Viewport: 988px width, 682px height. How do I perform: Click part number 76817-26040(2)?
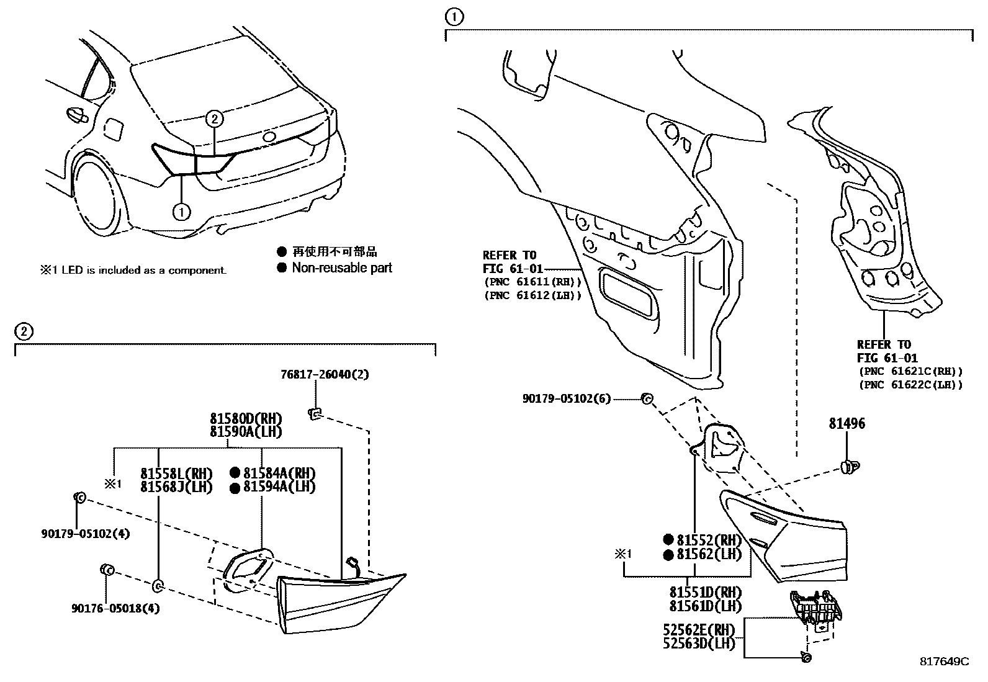click(316, 374)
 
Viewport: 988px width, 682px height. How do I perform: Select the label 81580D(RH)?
click(246, 418)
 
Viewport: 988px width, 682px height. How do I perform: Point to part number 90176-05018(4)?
click(115, 609)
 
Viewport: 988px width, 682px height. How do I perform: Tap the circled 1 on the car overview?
click(181, 212)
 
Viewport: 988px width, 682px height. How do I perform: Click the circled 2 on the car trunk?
click(213, 118)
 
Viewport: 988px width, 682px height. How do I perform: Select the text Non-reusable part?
click(342, 268)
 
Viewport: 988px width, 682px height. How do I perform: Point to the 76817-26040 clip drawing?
click(315, 413)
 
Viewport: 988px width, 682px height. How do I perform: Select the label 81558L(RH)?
click(176, 472)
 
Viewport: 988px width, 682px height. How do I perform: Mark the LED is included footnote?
click(133, 270)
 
